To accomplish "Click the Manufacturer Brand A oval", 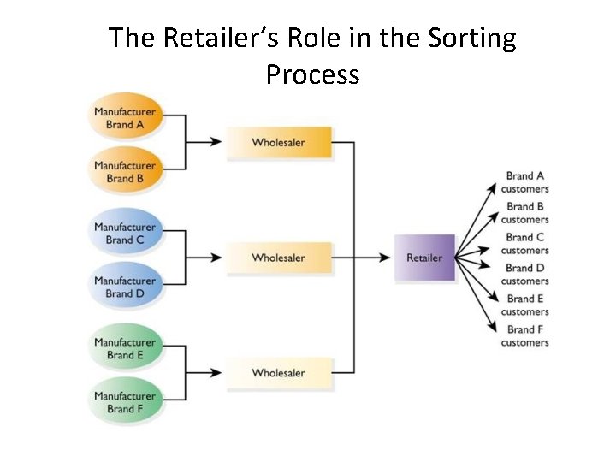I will [x=125, y=118].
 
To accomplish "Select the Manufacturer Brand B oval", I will [x=125, y=172].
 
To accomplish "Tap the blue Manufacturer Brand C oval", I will [x=125, y=234].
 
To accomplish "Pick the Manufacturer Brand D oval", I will [x=125, y=287].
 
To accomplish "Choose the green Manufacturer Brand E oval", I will [x=125, y=348].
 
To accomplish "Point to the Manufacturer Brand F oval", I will [x=125, y=402].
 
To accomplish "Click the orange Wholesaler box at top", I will [x=278, y=142].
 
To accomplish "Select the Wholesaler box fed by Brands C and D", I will [x=278, y=258].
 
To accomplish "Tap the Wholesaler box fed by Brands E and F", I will [x=278, y=373].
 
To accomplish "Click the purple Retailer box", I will [x=423, y=258].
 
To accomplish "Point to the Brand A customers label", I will [x=525, y=182].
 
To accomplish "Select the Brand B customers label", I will [x=525, y=213].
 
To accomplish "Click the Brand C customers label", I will [x=525, y=244].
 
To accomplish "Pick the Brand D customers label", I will [x=525, y=275].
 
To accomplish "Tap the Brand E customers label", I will [x=525, y=305].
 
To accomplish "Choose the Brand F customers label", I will [x=525, y=336].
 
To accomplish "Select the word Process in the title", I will [x=312, y=74].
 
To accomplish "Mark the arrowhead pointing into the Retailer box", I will [x=386, y=258].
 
